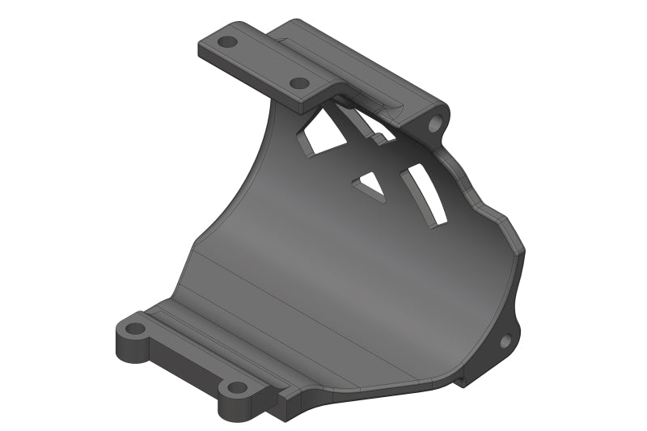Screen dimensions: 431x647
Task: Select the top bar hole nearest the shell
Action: tap(298, 82)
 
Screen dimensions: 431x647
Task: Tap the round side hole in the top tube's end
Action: tap(438, 124)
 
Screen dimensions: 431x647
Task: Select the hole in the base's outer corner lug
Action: tap(136, 329)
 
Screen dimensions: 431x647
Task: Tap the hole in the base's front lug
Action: tap(236, 387)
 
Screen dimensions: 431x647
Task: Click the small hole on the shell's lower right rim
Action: tap(505, 341)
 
